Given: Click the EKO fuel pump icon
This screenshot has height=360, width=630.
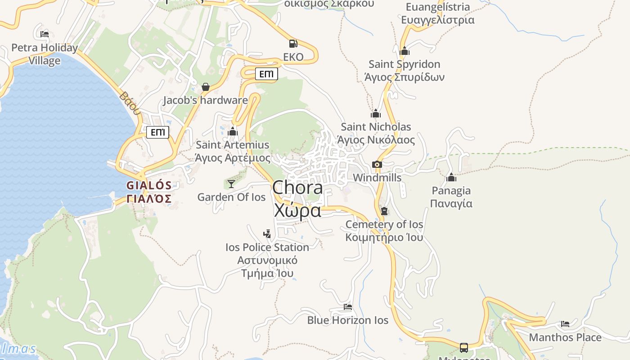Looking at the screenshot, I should coord(293,44).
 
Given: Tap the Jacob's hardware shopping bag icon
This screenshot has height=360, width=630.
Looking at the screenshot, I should coord(206,87).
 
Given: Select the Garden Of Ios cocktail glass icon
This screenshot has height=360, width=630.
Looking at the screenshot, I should coord(231,184).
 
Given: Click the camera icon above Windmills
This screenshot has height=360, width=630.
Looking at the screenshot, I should coord(377,165).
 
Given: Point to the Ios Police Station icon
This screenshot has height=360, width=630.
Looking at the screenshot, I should coord(267,234).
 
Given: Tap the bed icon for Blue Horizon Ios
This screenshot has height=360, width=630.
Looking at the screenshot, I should coord(348,307).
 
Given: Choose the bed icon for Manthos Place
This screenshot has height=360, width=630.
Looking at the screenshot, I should coord(565,324).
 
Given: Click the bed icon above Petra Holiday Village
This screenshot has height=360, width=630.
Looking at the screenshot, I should coord(44,34).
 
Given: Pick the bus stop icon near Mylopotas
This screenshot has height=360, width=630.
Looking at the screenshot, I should coord(464,347).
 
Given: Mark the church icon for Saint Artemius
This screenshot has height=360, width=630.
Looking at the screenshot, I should coord(233,131).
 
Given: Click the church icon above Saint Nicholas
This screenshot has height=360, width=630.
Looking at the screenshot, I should coord(376,113).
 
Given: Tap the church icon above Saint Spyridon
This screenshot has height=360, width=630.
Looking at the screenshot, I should coord(405,51).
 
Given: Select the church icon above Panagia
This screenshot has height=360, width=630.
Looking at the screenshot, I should coord(451,177).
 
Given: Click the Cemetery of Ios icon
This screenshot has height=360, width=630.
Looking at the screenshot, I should coord(384,211).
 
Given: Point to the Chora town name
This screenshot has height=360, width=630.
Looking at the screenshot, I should coord(297,198).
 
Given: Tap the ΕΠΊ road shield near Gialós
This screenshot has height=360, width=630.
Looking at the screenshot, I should coord(158,132).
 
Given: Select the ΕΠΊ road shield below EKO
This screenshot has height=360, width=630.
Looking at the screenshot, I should coord(266,74).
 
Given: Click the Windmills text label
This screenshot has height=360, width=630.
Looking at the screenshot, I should coord(377,178).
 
